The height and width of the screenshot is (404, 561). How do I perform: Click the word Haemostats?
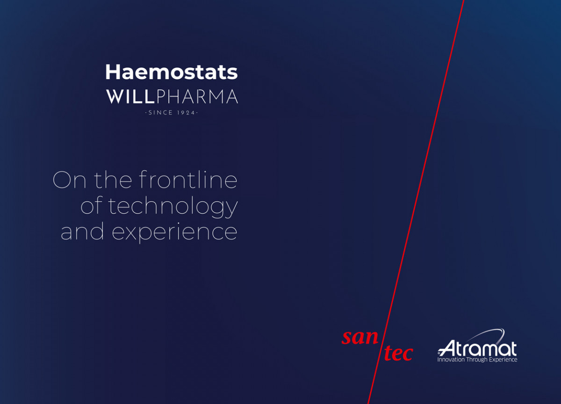[171, 72]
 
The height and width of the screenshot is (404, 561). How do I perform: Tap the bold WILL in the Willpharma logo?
[130, 96]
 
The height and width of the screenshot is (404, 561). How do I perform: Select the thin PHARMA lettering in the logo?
[197, 96]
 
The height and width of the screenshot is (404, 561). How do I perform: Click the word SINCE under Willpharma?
[160, 113]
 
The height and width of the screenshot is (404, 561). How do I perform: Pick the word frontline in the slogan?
[188, 180]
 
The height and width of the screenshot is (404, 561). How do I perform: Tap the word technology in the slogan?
[173, 206]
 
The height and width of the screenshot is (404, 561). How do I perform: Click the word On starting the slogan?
[69, 180]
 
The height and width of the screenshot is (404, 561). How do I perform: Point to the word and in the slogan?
[82, 231]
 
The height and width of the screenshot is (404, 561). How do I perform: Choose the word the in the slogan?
[113, 180]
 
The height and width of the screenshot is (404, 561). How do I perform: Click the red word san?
[360, 337]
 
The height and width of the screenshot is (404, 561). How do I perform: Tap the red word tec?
[398, 353]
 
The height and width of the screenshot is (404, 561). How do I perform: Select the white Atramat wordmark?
[477, 348]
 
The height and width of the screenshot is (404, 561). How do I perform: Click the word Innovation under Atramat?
[451, 360]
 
